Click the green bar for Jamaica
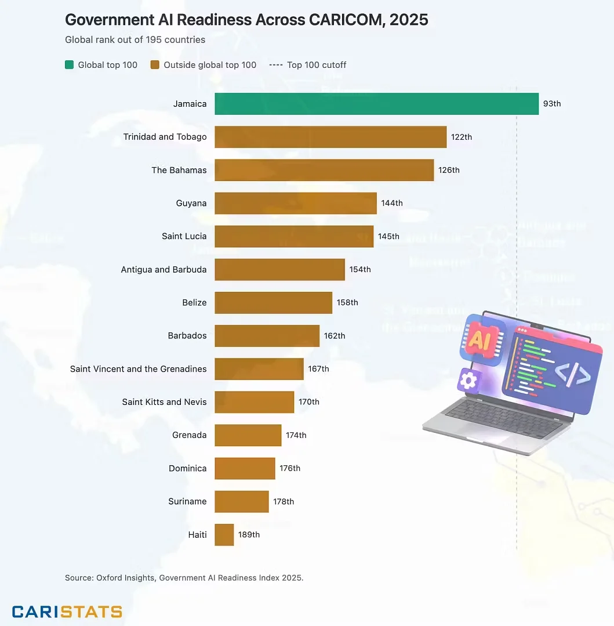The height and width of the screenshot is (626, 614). [376, 104]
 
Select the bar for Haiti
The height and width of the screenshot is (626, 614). [224, 534]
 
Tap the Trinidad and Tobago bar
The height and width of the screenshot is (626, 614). [330, 137]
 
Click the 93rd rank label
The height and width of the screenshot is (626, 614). [552, 104]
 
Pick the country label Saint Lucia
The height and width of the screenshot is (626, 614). [184, 236]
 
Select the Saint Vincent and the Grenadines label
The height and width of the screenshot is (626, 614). [138, 369]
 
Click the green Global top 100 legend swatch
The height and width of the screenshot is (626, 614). [69, 65]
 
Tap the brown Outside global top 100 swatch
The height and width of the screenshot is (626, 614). [155, 65]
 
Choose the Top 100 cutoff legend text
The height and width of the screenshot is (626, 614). [316, 65]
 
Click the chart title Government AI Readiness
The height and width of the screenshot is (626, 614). [246, 20]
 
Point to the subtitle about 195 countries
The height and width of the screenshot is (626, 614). [135, 40]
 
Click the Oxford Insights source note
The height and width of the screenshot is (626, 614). [184, 577]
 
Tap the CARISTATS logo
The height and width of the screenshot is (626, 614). [67, 611]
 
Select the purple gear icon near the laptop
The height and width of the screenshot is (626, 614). [467, 381]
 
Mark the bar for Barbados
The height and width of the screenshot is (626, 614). [267, 335]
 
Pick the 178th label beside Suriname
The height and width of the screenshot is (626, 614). [284, 501]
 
